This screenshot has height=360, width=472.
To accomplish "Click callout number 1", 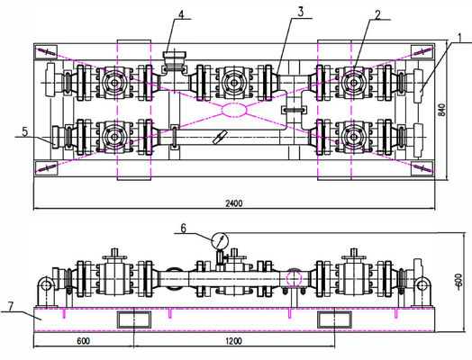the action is click(459, 38).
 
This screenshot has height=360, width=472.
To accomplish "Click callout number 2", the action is click(377, 14).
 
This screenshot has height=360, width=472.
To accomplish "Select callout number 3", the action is click(301, 13).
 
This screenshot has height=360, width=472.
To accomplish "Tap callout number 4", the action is click(181, 14).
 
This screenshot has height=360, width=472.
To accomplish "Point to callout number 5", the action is click(25, 131).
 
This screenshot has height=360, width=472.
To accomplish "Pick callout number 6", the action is click(184, 229).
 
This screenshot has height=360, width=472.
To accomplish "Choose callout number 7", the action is click(11, 307).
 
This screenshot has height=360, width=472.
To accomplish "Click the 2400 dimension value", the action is click(234, 203).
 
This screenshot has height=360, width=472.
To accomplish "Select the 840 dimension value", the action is click(441, 110).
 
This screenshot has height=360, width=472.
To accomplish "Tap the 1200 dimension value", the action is click(233, 341).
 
